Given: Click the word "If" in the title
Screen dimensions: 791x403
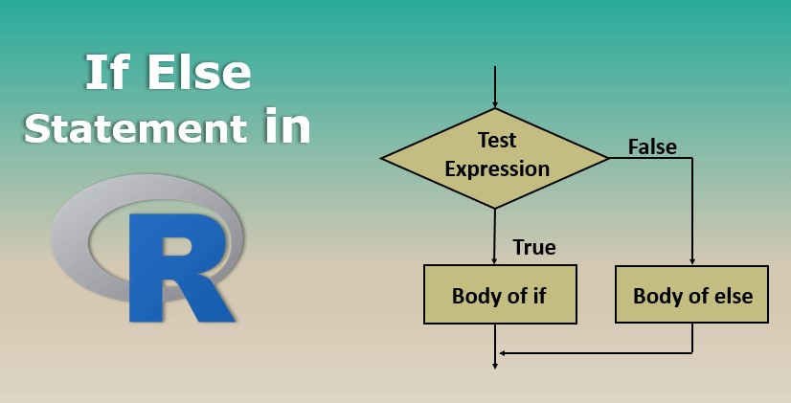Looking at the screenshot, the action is pos(107,72).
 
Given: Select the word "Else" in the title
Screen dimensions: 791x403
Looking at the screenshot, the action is pos(198,72).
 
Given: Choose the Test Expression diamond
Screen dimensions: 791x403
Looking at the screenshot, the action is pos(494,158).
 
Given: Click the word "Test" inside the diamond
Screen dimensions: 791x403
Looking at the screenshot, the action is pos(497,140).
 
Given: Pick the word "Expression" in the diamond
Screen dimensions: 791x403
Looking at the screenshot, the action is pos(497,169).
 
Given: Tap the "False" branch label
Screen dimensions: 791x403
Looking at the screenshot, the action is pos(652,146).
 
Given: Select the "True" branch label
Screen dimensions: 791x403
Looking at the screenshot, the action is pos(534,247).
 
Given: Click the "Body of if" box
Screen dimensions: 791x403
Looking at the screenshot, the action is pos(500,295).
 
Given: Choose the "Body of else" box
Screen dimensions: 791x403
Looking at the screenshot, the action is pos(691,295).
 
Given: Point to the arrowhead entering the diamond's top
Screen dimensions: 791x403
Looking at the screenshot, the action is pos(495,104).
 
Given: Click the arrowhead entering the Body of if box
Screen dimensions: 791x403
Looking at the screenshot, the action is pos(494,259).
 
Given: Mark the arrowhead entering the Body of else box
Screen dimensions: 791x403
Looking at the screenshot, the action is pos(692,260).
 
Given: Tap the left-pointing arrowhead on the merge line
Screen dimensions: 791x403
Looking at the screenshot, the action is pos(503,353).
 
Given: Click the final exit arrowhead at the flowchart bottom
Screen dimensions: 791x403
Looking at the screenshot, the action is pos(495,364).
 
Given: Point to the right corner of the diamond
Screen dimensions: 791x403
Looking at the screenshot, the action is pos(608,158).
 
